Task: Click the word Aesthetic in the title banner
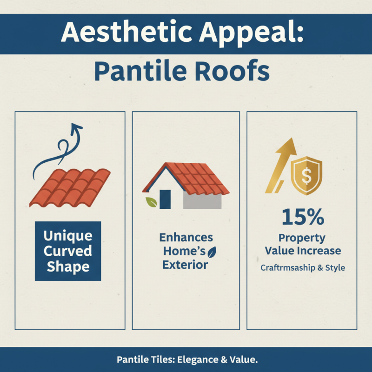point(122,33)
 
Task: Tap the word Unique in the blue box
point(68,236)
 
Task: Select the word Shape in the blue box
point(68,267)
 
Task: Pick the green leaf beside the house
point(151,202)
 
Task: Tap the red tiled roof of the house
point(195,178)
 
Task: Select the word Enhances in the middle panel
point(186,238)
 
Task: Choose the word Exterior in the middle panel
point(185,266)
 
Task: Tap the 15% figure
point(302,218)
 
